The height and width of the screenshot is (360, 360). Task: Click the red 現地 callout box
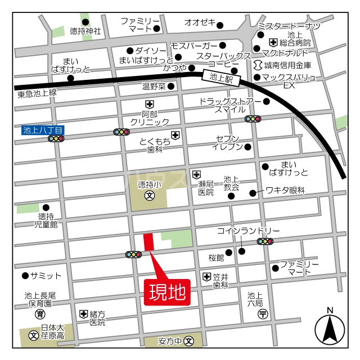point(167,292)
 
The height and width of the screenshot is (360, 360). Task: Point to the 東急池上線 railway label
point(37,93)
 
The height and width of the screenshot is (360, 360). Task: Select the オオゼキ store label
point(200,22)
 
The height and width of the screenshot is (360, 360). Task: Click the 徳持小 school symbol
point(150,196)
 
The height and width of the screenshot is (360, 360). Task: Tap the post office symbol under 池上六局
point(262,313)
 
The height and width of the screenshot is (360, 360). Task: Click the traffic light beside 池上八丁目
point(56,138)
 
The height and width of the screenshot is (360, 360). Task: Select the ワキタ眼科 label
point(285,191)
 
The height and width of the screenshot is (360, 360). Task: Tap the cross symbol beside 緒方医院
point(83,314)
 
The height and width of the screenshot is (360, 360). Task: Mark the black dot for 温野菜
point(171,87)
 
